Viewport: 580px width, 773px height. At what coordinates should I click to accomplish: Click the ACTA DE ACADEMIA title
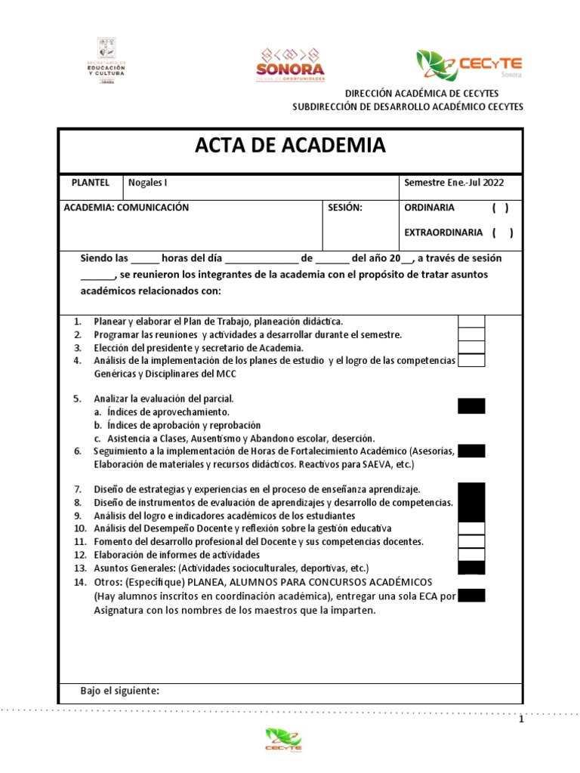[x=291, y=146]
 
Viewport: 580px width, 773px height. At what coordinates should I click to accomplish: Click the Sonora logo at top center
[x=292, y=65]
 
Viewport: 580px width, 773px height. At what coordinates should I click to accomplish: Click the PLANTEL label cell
[x=90, y=183]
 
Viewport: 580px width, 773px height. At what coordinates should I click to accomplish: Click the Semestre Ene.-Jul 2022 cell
[x=454, y=183]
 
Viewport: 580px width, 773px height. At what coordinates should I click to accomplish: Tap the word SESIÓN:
[x=346, y=208]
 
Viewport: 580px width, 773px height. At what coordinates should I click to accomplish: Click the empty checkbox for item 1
[x=471, y=322]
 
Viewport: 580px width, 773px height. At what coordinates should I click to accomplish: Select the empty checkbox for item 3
[x=471, y=347]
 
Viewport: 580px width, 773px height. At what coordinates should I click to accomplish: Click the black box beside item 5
[x=471, y=406]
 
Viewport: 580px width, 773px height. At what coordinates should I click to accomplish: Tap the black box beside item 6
[x=471, y=451]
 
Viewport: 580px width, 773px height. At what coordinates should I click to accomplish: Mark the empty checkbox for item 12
[x=471, y=555]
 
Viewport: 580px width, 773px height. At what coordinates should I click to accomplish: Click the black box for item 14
[x=471, y=596]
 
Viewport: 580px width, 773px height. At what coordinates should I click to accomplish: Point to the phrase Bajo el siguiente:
[x=119, y=691]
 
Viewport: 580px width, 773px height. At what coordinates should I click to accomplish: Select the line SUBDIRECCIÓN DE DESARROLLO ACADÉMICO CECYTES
[x=408, y=106]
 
